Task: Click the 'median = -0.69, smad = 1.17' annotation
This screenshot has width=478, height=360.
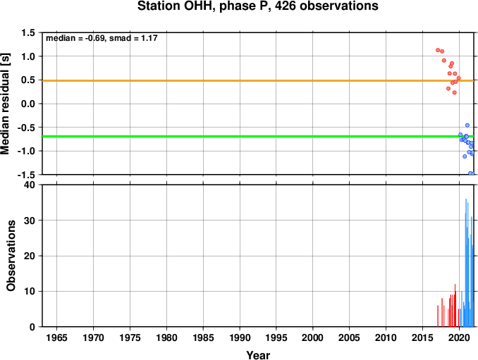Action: point(102,38)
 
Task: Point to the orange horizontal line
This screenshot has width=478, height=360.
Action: point(258,81)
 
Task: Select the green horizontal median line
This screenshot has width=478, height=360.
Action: point(258,136)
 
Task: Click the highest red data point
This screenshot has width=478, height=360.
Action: point(438,50)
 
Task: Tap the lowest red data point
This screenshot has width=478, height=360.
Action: point(455,92)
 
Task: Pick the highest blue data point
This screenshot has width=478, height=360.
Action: point(467,125)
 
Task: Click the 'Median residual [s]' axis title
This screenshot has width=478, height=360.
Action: point(5,104)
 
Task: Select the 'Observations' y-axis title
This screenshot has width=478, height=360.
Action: point(11,256)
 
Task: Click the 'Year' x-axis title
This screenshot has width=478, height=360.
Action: point(258,355)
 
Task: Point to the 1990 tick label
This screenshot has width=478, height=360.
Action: point(240,337)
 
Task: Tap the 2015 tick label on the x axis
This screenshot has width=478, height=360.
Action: point(422,337)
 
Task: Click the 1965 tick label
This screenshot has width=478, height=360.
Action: point(56,337)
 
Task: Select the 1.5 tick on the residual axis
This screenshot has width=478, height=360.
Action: point(28,32)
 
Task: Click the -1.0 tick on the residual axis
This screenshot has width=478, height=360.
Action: point(26,151)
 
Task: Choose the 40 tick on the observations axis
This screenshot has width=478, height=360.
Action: point(30,185)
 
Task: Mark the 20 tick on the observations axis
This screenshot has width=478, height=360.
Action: point(30,256)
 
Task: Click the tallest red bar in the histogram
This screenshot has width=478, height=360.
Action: point(455,305)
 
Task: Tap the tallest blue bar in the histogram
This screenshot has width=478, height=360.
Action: point(466,263)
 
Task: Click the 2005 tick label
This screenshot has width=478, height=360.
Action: point(350,337)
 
